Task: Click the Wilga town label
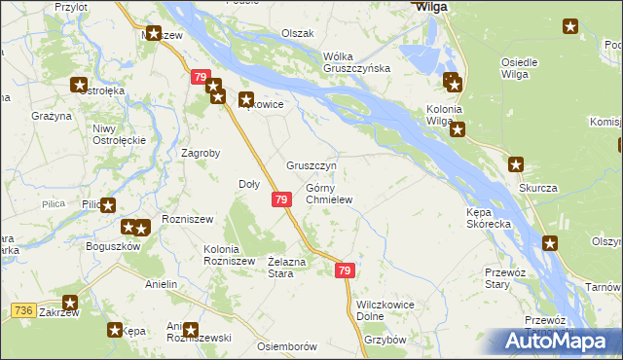(x=431, y=6)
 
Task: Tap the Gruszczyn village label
(x=311, y=165)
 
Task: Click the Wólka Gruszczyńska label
(x=356, y=61)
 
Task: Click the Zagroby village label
(x=202, y=153)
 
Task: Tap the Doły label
(x=248, y=184)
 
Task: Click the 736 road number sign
(x=24, y=310)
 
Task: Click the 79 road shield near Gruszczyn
(x=280, y=199)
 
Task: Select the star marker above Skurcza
(x=516, y=164)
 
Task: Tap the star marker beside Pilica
(x=108, y=205)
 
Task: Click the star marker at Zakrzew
(x=70, y=303)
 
